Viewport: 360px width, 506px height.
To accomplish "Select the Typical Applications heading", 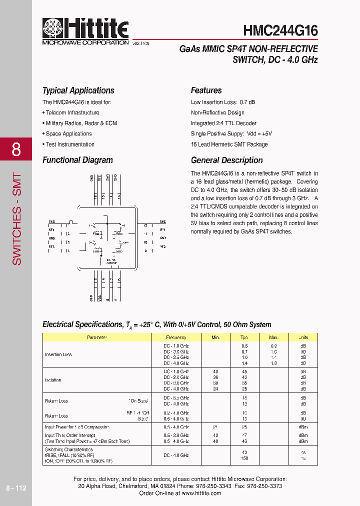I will point(78,90).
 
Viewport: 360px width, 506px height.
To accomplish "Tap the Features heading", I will point(206,90).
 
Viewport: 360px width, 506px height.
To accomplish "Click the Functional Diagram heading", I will point(77,160).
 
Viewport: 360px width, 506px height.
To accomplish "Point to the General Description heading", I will point(226,160).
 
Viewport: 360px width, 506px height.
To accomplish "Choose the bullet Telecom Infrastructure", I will point(72,113).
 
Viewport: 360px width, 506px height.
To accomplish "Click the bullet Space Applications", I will point(68,134).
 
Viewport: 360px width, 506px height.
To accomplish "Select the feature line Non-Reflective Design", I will point(217,113).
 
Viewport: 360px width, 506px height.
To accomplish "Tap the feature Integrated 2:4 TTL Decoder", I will point(223,123).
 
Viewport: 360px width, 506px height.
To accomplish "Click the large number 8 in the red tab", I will point(16,149).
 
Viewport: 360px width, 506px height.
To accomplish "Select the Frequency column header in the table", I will point(176,337).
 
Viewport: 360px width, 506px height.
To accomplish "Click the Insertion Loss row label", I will point(58,354).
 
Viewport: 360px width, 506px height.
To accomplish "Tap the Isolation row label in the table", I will point(53,380).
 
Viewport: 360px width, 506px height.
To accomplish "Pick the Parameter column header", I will point(97,337).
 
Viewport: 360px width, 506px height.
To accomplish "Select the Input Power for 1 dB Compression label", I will point(77,427).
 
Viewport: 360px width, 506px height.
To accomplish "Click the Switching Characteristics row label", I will point(69,450).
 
